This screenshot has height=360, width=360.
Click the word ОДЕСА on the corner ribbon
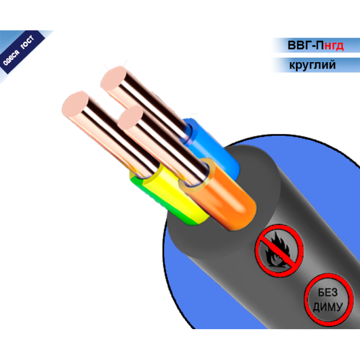(x=11, y=58)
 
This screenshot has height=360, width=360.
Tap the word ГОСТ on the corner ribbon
(x=28, y=42)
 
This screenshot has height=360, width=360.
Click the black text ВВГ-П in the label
(x=305, y=45)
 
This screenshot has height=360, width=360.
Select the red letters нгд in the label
(x=334, y=46)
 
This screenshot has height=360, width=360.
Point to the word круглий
(x=313, y=65)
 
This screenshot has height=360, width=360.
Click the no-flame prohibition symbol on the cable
(x=279, y=250)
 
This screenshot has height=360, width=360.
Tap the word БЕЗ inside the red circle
(x=328, y=293)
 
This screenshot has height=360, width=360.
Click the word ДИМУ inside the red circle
(x=328, y=307)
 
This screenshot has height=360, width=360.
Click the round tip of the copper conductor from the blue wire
(x=114, y=78)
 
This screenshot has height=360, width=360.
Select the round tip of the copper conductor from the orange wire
(x=131, y=118)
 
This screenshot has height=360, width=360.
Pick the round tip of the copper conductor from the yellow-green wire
(x=75, y=103)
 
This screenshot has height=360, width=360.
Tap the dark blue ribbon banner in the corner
(x=22, y=51)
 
